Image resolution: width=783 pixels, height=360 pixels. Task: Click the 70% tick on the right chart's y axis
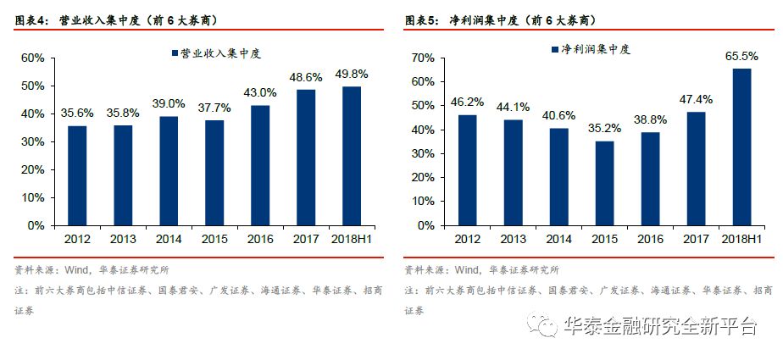(423, 58)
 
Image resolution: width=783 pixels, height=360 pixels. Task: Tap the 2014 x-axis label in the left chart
(169, 240)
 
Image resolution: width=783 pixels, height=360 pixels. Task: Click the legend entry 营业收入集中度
(219, 53)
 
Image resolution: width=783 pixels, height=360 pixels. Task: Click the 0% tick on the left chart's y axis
(36, 226)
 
